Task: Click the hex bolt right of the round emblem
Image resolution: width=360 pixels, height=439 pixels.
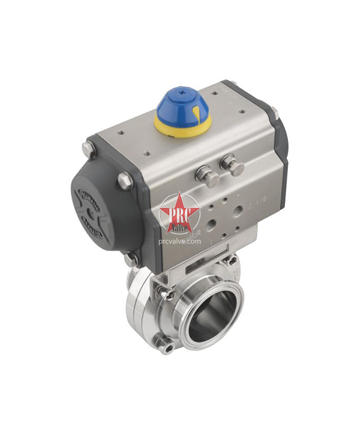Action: pyautogui.click(x=125, y=180)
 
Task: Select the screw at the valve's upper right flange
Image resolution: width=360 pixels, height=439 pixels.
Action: pyautogui.click(x=229, y=261)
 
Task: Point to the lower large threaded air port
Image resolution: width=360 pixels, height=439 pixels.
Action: pyautogui.click(x=211, y=226)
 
